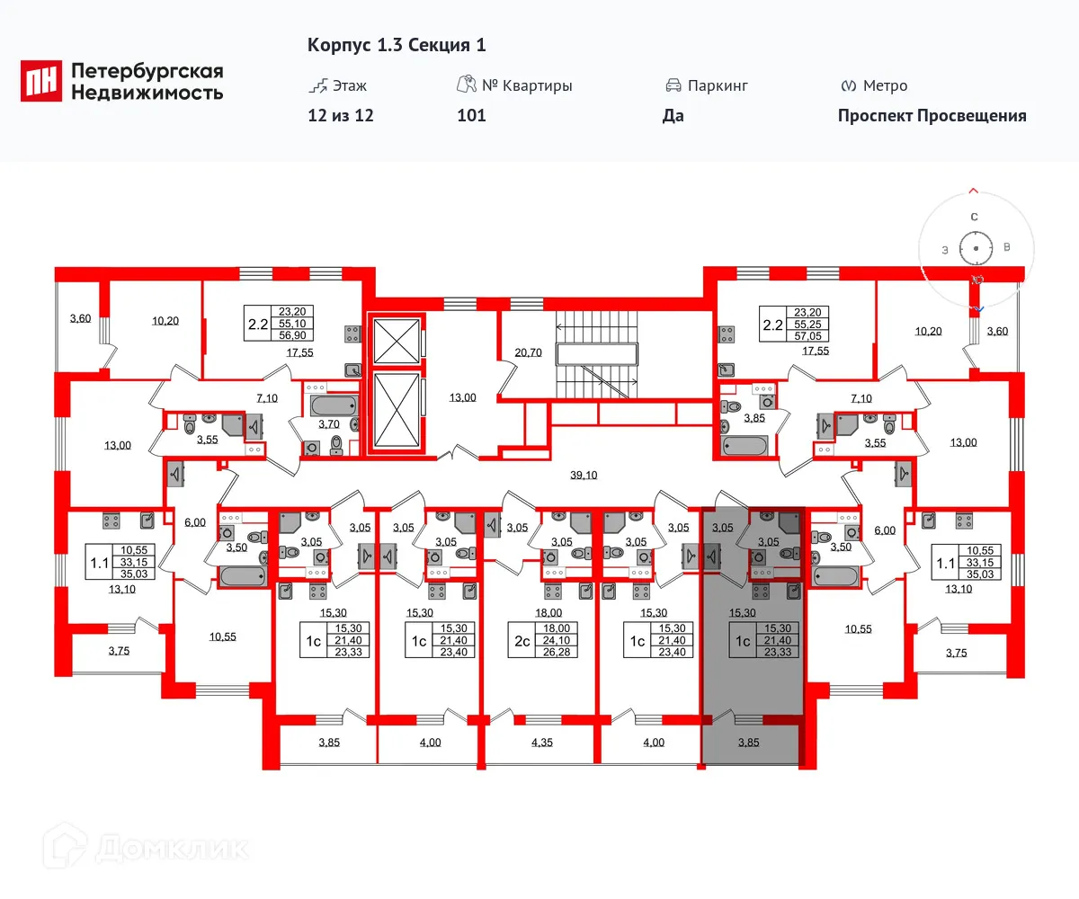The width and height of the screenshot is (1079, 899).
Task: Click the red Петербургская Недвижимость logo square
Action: (41, 80)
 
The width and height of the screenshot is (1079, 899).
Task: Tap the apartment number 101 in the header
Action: (471, 115)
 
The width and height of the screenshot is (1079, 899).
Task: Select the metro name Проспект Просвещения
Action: (932, 115)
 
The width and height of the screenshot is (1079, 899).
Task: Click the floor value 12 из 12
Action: (340, 115)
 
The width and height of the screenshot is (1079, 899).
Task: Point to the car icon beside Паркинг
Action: (673, 85)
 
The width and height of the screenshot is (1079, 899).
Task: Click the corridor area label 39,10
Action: (584, 476)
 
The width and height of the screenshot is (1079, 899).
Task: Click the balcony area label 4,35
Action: (542, 743)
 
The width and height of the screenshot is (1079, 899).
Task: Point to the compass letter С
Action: (974, 217)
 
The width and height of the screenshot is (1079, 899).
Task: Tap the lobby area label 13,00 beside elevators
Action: (461, 397)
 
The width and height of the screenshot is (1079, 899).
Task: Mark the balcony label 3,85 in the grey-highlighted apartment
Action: (748, 743)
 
